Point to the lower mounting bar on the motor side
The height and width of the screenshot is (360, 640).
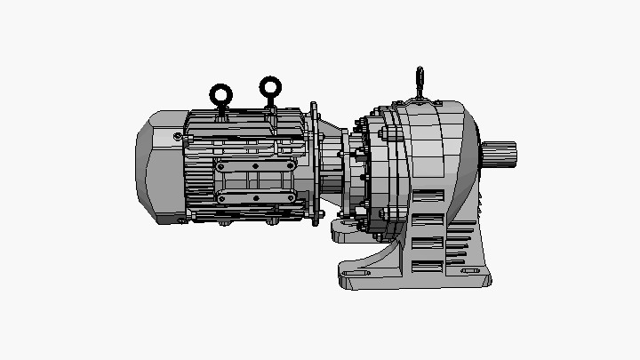[x=256, y=197]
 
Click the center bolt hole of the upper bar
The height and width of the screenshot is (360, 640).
[x=256, y=166]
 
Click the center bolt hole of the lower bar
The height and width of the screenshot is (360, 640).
[x=256, y=197]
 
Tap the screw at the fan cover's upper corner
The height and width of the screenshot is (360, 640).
[x=179, y=136]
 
